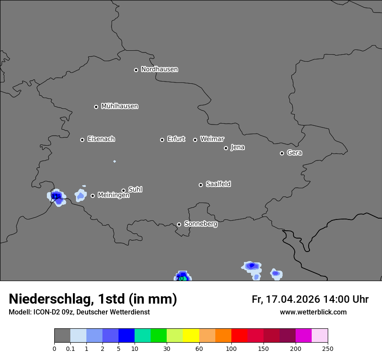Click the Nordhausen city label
coord(159,69)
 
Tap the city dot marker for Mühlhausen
coord(96,107)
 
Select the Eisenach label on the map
coord(101,139)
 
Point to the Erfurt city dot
coord(162,140)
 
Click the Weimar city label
coord(212,139)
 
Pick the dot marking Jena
coord(226,148)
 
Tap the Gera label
coord(294,153)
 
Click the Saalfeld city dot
coord(201,185)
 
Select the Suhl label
coord(135,190)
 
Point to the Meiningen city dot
coord(92,196)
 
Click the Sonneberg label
coord(201,224)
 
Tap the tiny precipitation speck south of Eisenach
coord(115,161)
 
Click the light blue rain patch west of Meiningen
coord(80,195)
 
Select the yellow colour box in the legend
coord(191,336)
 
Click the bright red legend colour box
coord(239,336)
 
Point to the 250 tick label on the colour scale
coord(328,349)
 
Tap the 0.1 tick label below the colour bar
coord(70,349)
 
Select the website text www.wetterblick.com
coord(313,312)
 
